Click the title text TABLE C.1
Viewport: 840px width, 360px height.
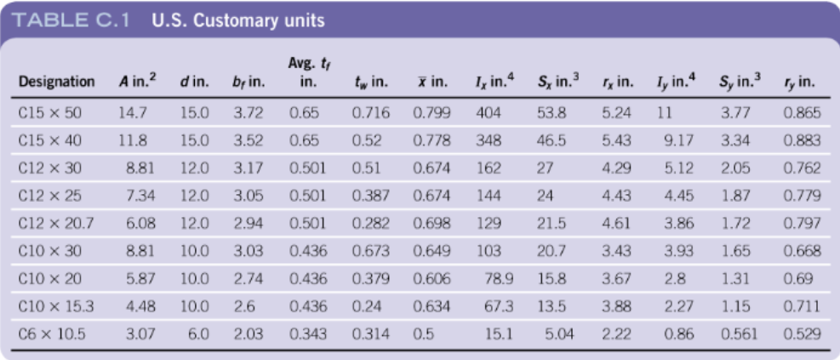pos(73,20)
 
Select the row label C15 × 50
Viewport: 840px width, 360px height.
pos(50,112)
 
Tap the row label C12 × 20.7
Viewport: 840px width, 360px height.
pos(54,224)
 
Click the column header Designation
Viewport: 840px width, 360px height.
pos(56,83)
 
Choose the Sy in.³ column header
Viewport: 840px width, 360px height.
pos(740,83)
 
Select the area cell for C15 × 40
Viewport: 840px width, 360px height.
pos(133,140)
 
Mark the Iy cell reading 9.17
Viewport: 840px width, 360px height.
pos(679,140)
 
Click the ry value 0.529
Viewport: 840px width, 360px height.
pos(802,334)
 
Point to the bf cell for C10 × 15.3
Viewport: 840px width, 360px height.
pos(243,306)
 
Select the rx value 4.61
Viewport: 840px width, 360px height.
pos(616,224)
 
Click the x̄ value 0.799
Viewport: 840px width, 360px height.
pos(431,112)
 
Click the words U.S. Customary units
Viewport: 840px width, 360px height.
pos(237,20)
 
